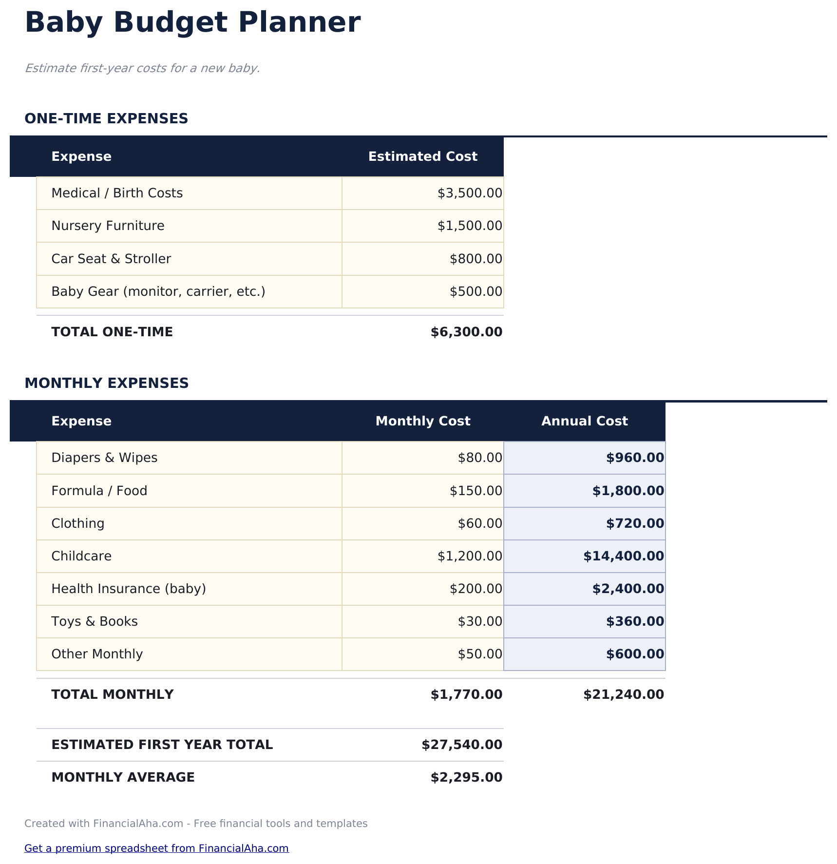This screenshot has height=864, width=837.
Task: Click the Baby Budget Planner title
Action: tap(192, 23)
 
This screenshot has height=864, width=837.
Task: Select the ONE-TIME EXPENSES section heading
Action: tap(106, 118)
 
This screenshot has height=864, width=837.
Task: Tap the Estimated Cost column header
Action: tap(422, 156)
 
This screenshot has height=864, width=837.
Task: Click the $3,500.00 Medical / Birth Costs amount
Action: tap(470, 193)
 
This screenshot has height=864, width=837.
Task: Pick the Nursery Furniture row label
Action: tap(108, 226)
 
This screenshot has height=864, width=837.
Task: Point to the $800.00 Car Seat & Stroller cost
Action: tap(476, 259)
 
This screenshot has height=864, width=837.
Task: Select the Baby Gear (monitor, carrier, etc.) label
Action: tap(158, 291)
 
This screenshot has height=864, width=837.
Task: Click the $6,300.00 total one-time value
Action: tap(466, 332)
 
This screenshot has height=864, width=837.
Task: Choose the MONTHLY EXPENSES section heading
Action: tap(107, 383)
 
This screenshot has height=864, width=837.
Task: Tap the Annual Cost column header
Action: tap(584, 421)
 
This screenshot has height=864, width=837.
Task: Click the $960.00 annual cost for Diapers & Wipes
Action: tap(635, 458)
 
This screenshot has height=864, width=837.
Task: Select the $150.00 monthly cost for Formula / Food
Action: tap(476, 491)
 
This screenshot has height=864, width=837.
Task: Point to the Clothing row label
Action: tap(78, 523)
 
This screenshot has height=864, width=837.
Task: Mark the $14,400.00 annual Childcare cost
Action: tap(623, 556)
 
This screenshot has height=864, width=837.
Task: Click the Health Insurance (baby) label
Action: tap(129, 589)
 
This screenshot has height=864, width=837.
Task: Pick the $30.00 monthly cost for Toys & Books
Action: tap(479, 621)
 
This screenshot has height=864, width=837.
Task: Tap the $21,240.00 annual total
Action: tap(623, 694)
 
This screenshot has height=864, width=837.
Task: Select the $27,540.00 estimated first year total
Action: tap(462, 745)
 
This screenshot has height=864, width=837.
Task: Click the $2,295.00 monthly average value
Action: tap(466, 777)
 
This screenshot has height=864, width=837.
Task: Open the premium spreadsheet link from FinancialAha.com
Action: tap(156, 848)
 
